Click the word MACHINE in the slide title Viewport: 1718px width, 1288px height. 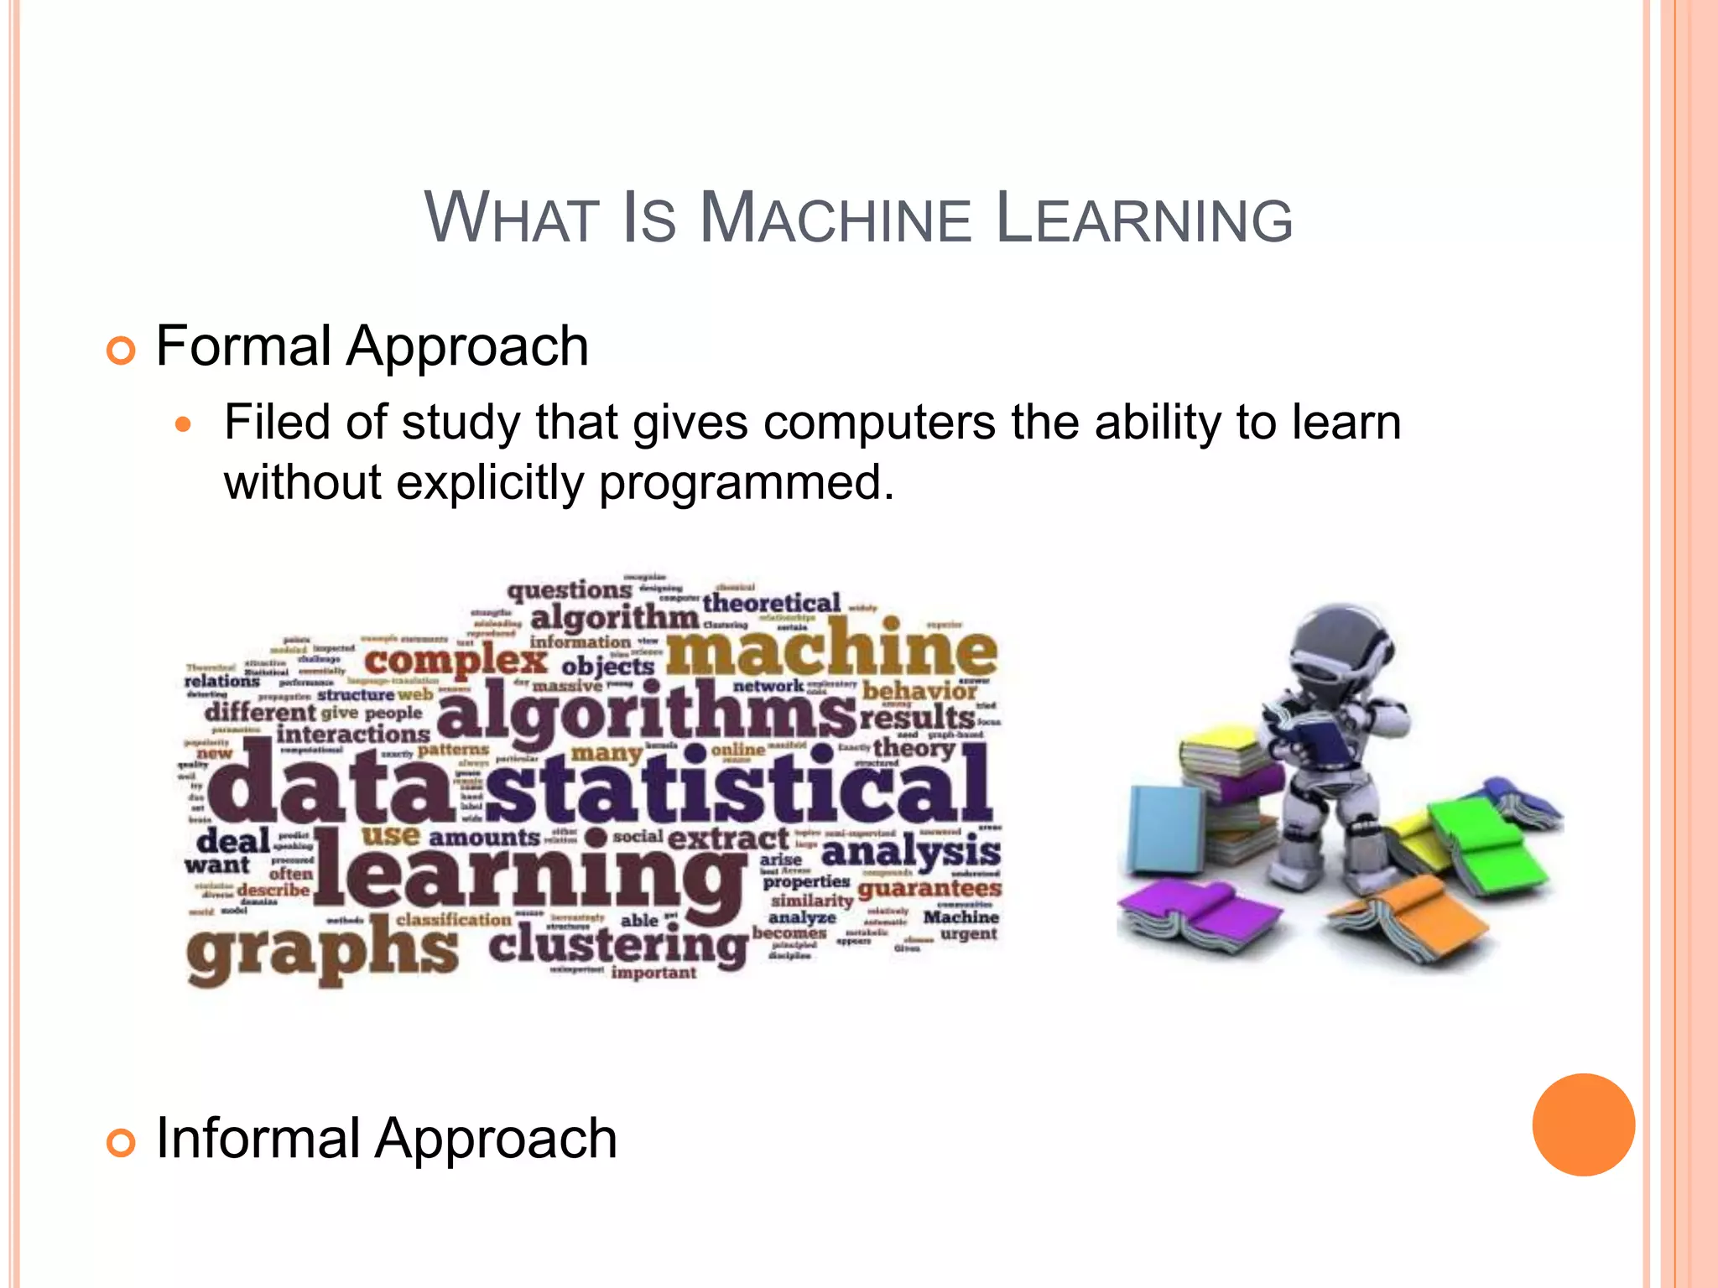click(835, 220)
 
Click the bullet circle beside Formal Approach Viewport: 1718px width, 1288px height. click(122, 350)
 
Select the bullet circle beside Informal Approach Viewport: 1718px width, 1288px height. click(122, 1142)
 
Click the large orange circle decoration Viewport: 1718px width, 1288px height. click(1583, 1124)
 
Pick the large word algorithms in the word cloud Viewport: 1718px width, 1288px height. click(646, 713)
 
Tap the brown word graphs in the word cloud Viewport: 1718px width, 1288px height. click(323, 952)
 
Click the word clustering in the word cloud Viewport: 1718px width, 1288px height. click(618, 946)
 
